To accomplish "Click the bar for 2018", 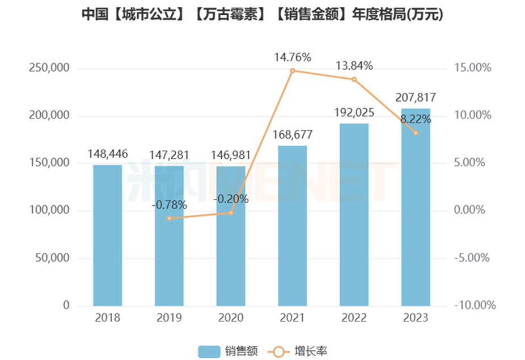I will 108,235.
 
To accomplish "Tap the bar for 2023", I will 416,207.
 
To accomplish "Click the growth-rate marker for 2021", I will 293,71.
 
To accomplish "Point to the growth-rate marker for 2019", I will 169,218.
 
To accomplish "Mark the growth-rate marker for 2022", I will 354,79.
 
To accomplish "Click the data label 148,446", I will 108,154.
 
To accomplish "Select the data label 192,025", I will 354,112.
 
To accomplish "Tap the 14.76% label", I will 293,57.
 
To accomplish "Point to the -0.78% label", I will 169,205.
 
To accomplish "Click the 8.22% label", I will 416,120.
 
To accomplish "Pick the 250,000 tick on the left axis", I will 49,69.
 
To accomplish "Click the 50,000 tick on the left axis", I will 51,259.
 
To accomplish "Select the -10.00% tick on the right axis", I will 475,306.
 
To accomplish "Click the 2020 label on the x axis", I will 231,318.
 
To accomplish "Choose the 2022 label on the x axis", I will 354,318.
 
